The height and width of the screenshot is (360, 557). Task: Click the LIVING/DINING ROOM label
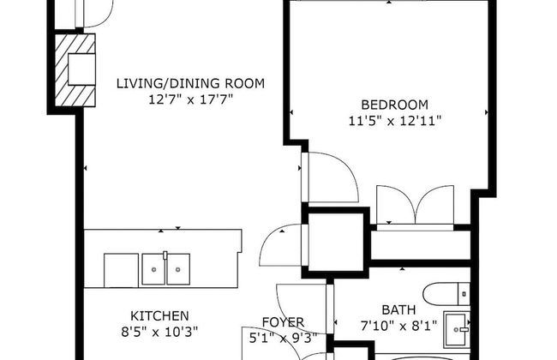(x=190, y=83)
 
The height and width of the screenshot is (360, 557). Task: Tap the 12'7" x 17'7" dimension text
(x=190, y=99)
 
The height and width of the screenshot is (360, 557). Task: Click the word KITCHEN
(x=159, y=315)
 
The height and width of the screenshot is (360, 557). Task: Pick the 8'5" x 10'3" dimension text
(x=161, y=331)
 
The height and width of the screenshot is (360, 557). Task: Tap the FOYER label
(x=283, y=321)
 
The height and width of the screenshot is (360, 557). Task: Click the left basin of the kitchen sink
(x=154, y=270)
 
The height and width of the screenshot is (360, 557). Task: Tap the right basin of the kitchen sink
(x=177, y=270)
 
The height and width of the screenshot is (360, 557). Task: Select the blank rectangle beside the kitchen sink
(x=122, y=270)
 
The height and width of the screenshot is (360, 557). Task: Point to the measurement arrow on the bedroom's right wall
(x=488, y=112)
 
